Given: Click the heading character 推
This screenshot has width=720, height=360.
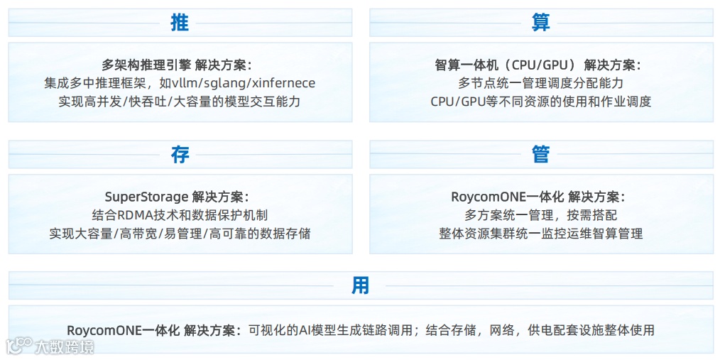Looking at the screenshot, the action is [x=180, y=22].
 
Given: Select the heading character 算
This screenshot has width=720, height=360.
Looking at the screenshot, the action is [x=541, y=22].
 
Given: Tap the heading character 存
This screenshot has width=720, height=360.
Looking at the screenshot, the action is [x=180, y=154].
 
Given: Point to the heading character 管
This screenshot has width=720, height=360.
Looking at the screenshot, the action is [x=541, y=154].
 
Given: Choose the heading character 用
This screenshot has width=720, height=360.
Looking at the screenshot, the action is [x=360, y=285].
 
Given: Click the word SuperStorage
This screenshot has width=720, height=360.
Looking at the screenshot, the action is [x=146, y=197].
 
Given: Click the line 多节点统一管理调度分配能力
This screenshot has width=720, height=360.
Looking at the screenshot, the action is [x=541, y=83].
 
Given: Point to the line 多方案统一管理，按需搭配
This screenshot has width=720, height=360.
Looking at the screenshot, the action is [x=541, y=214].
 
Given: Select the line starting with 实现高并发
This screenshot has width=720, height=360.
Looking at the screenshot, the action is [x=180, y=102].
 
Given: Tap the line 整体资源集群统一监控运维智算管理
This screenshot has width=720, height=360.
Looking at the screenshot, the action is [x=541, y=233].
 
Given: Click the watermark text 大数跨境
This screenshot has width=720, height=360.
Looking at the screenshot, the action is [x=65, y=347].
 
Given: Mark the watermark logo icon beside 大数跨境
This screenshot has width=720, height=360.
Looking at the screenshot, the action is [x=18, y=347].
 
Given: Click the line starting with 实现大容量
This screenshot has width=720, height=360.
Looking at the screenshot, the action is [x=180, y=233].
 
